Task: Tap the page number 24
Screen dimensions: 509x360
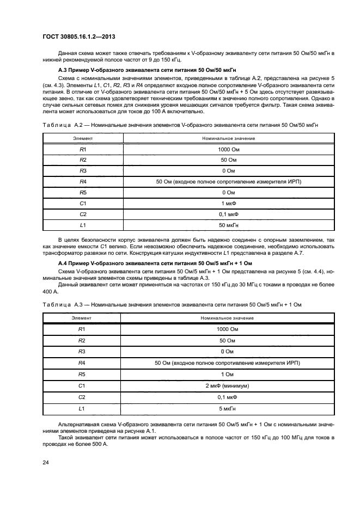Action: (46, 462)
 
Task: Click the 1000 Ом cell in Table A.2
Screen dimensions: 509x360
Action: (228, 149)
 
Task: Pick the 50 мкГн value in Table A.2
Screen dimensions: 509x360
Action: (228, 225)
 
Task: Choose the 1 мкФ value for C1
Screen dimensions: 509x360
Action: (228, 203)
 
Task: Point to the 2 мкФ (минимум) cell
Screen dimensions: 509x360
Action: (227, 385)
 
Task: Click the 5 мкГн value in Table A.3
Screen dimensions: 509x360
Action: (227, 408)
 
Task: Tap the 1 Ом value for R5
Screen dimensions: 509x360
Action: (227, 374)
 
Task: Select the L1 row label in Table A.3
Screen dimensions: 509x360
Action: (82, 408)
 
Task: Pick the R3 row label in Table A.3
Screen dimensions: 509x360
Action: (82, 352)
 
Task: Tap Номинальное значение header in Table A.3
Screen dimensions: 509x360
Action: (227, 317)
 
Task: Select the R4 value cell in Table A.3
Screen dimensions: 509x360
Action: (227, 363)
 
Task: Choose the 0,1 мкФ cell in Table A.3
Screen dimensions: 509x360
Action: (227, 396)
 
